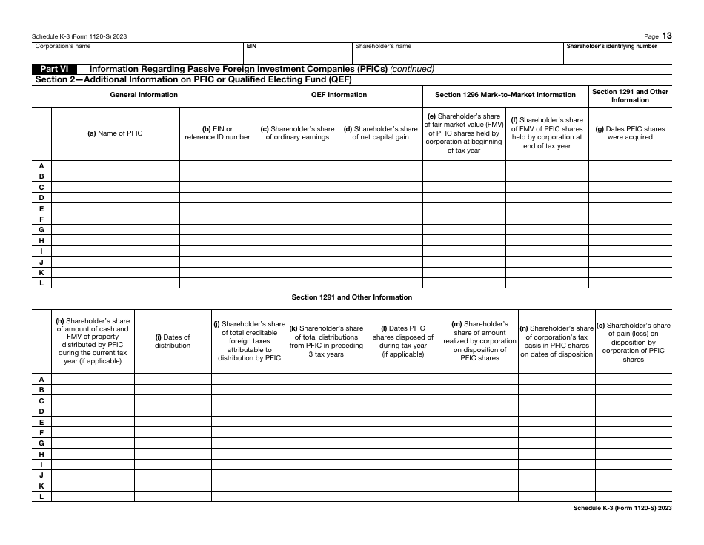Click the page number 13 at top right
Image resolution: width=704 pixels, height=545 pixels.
click(667, 35)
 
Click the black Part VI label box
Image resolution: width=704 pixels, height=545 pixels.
click(56, 69)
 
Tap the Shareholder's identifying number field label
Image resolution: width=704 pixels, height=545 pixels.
click(611, 46)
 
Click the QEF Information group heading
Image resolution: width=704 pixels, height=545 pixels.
click(339, 95)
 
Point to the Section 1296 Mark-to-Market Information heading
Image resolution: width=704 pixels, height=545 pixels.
click(505, 95)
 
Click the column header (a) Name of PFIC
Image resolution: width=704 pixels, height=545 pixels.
click(115, 133)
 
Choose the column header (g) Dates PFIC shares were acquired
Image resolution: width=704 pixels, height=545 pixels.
click(630, 133)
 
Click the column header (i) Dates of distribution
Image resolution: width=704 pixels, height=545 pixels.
click(173, 341)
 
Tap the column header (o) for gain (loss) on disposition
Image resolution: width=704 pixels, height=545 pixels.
click(634, 342)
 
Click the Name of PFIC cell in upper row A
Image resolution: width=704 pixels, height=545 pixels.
click(115, 166)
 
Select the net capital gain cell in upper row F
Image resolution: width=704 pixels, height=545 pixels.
click(380, 219)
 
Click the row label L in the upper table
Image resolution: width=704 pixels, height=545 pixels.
click(41, 283)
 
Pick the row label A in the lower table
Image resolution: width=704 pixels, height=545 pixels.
click(41, 379)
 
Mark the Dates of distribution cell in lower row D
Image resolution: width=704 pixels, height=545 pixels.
click(173, 411)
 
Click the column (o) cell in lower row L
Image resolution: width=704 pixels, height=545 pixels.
click(634, 496)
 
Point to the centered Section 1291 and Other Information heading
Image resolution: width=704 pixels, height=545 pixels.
click(352, 297)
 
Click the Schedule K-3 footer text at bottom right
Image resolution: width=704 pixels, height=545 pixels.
click(622, 508)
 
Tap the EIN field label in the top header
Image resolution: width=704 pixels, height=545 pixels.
click(251, 46)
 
